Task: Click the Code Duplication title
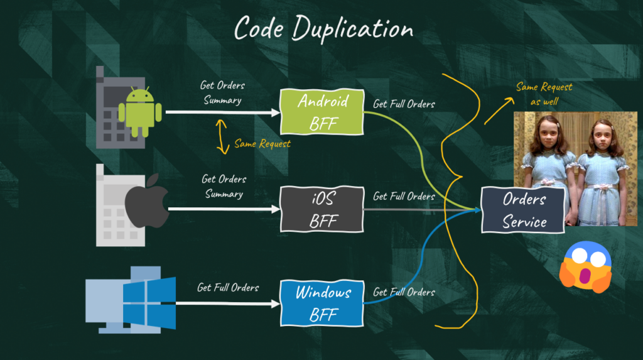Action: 323,29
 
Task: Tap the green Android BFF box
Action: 322,112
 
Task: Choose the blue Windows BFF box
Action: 322,303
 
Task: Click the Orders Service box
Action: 524,210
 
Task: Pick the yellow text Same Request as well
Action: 544,94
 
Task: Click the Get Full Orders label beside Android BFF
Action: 404,104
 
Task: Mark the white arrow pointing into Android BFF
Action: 223,112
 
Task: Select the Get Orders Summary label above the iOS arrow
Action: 224,187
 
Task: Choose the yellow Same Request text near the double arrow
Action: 262,144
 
